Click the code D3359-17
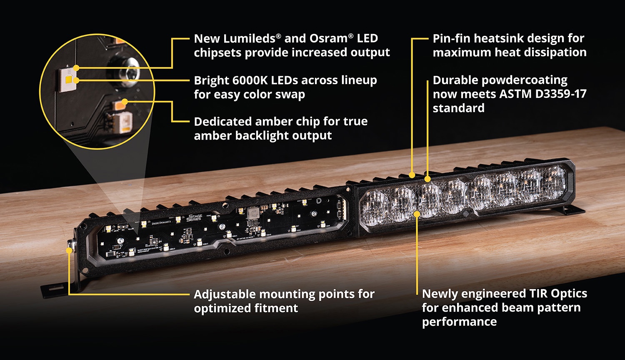click(561, 94)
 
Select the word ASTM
click(515, 94)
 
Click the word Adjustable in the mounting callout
click(225, 295)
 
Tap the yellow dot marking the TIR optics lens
click(417, 214)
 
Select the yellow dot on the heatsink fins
click(412, 175)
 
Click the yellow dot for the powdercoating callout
click(427, 179)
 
